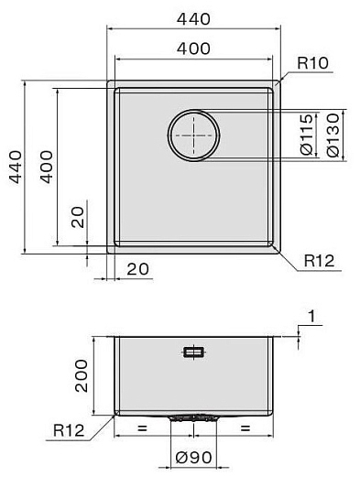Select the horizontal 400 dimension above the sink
pyautogui.click(x=194, y=48)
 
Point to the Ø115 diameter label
pyautogui.click(x=307, y=135)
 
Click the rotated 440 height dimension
pyautogui.click(x=13, y=168)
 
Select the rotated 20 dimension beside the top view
pyautogui.click(x=77, y=218)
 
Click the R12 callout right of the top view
pyautogui.click(x=319, y=261)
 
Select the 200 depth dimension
pyautogui.click(x=81, y=375)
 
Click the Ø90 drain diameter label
pyautogui.click(x=192, y=458)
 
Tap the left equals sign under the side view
pyautogui.click(x=141, y=427)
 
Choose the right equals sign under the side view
pyautogui.click(x=245, y=427)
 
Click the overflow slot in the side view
pyautogui.click(x=193, y=352)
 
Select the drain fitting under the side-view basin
pyautogui.click(x=193, y=417)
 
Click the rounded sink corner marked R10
pyautogui.click(x=275, y=84)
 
